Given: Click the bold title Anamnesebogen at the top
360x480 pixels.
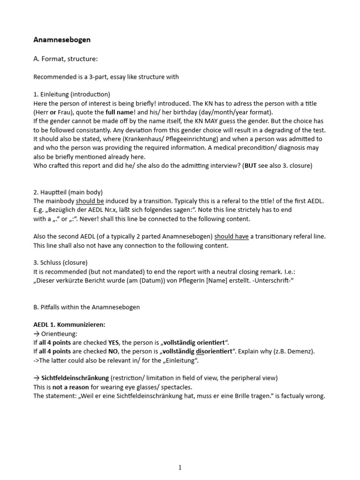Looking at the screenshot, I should point(62,40).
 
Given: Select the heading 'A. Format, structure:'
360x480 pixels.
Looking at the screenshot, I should point(66,59).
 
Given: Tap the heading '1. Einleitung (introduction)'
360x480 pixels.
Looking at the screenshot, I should point(72,94).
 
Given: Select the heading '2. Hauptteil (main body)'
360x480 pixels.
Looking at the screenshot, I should point(68,192).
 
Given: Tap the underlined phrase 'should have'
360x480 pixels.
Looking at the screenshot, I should point(231,237).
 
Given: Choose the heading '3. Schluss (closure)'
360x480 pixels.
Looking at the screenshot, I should point(60,262).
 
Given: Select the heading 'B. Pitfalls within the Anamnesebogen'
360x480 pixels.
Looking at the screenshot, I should point(87,307).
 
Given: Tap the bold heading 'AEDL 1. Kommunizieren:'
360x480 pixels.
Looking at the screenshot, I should point(69,324).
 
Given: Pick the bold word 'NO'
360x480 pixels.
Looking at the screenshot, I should point(113,351).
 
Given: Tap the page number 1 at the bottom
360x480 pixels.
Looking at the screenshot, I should point(180,467).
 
